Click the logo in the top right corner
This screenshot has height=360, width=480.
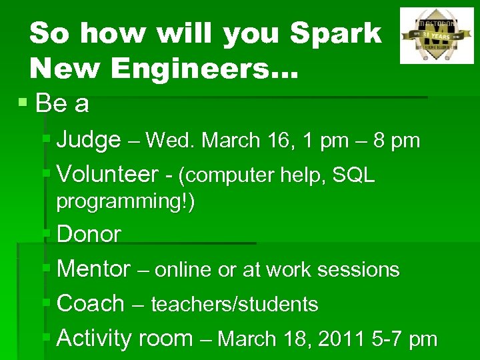click(x=436, y=35)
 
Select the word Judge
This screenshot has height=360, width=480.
click(x=89, y=140)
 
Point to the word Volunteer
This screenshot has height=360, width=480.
click(x=107, y=175)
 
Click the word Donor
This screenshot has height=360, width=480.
click(x=89, y=235)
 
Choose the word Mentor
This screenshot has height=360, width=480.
click(x=93, y=269)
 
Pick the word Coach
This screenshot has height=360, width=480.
click(x=91, y=304)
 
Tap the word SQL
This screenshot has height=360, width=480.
click(x=353, y=175)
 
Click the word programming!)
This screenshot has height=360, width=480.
click(x=125, y=201)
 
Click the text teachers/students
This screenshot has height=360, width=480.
click(x=235, y=305)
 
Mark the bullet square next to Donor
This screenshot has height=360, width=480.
click(x=47, y=234)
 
